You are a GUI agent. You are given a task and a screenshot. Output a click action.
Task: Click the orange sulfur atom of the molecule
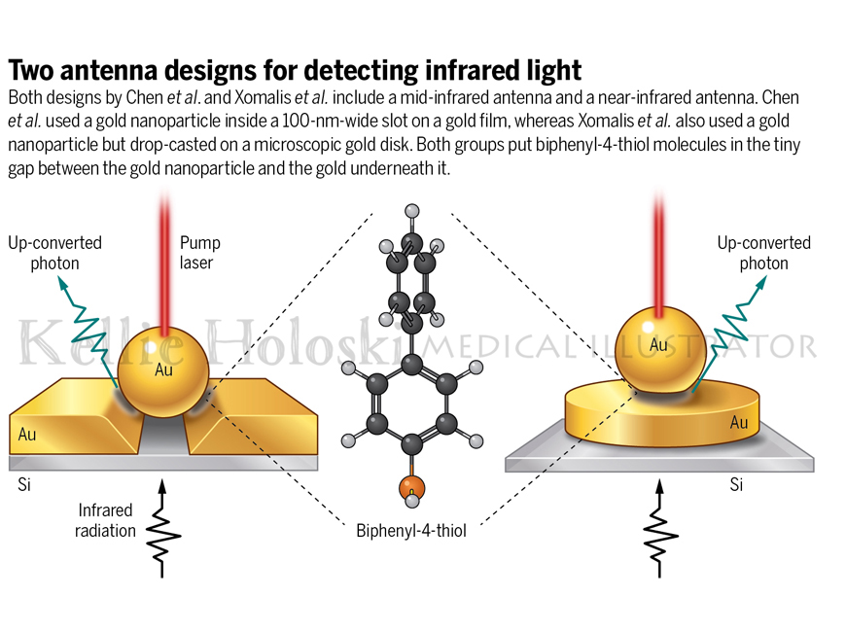[411, 487]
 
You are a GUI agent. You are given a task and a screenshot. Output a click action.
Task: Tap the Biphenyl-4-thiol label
[411, 531]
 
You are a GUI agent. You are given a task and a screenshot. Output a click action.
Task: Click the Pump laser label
[199, 253]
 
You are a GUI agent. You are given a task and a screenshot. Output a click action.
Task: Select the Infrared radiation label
[105, 520]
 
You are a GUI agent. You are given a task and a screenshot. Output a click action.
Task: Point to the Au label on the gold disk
[739, 422]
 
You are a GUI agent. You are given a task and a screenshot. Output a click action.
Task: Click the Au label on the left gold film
[27, 435]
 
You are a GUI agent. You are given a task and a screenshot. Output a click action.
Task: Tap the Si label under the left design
[24, 484]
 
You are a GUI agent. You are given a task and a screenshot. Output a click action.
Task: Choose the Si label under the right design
[736, 484]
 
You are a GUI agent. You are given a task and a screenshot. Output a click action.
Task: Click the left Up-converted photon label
[54, 253]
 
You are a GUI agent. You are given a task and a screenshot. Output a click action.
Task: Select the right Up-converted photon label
[764, 253]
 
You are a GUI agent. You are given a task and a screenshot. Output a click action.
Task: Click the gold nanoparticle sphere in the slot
[163, 372]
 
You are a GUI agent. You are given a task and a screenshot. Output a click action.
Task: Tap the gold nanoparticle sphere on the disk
[660, 350]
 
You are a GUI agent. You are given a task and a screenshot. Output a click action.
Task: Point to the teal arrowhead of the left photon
[63, 284]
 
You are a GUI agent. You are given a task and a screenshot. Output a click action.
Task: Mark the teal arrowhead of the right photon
[760, 283]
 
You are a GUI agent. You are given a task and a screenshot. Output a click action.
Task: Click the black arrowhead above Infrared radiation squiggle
[161, 486]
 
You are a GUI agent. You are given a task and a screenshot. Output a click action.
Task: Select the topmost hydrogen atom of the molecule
[412, 210]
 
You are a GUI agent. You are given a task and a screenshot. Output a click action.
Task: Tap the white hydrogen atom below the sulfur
[412, 501]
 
